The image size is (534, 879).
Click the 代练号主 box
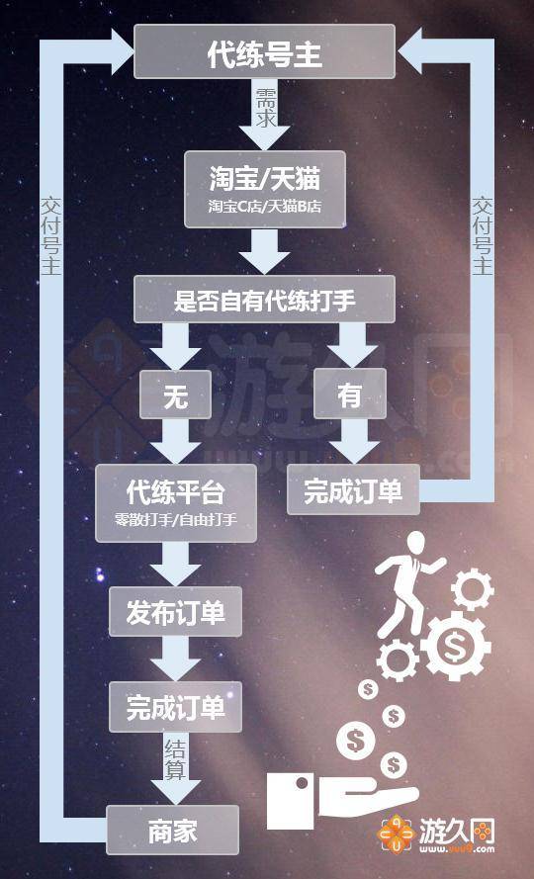(264, 51)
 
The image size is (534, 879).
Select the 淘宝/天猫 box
(264, 189)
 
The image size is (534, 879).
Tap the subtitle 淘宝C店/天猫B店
(264, 208)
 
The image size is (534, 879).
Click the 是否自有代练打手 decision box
(264, 300)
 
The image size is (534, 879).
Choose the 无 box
(175, 395)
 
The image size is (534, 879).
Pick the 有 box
(350, 395)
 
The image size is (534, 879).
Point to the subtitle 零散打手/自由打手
(176, 520)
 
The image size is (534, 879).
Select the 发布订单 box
(176, 612)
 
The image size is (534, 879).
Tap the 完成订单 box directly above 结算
(176, 707)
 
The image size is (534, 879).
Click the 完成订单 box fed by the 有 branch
(353, 490)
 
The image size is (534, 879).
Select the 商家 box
(173, 830)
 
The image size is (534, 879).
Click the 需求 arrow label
(264, 107)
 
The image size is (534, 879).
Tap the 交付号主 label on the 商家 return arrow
(50, 235)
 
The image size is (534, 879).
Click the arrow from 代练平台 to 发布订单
(176, 564)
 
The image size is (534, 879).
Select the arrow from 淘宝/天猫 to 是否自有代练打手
(264, 251)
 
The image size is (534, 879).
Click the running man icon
(407, 584)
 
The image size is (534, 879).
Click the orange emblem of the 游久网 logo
(396, 835)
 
